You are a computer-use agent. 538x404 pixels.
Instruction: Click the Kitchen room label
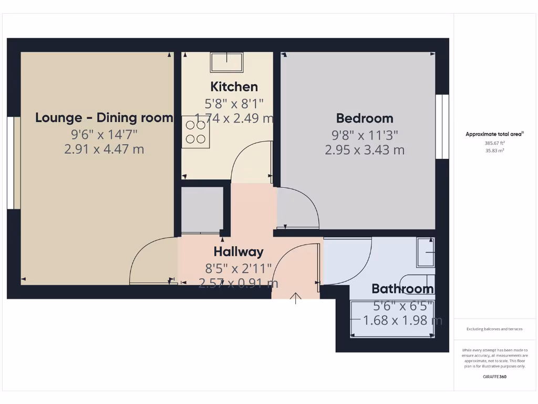234,87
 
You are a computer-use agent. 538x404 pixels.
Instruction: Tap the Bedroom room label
365,118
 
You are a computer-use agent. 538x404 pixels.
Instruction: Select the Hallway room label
238,252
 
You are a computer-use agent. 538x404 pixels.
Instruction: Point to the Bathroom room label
402,289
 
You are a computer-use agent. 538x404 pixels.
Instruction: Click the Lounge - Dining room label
104,118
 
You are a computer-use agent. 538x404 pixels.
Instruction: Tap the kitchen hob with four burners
195,132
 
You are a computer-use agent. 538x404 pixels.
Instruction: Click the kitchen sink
227,63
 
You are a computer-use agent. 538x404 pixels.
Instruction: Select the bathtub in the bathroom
392,319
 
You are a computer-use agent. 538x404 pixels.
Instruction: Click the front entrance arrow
296,299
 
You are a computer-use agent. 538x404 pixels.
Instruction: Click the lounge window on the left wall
13,163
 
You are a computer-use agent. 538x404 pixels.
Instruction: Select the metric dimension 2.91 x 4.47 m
104,149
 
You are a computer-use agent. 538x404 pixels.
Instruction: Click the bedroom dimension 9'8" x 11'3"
365,135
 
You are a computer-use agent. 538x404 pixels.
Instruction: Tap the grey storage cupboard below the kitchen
201,209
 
